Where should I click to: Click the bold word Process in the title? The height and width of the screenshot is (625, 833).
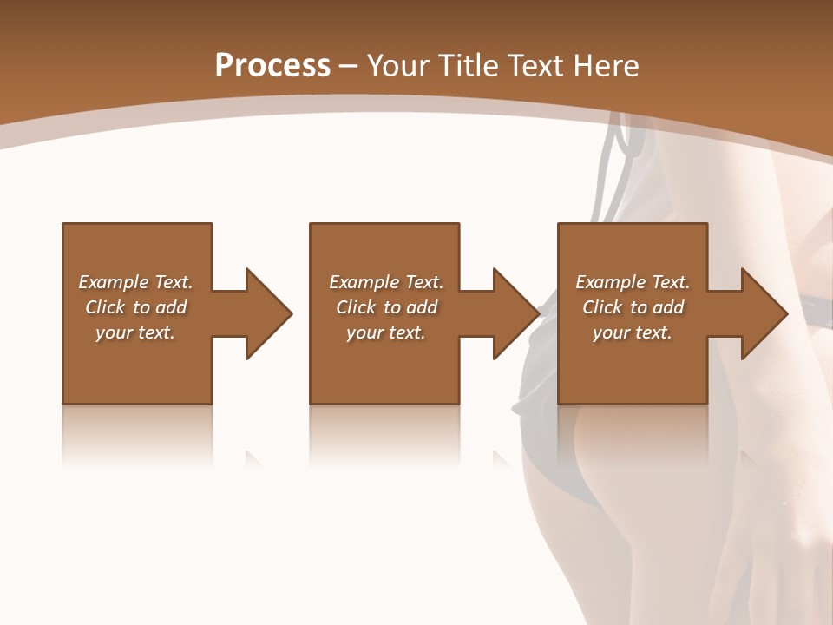272,66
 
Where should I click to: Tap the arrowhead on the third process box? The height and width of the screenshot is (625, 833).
763,313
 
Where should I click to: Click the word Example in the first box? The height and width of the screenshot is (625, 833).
114,282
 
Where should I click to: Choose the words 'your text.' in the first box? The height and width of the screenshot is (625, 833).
135,332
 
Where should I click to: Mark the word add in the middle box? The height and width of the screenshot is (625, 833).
422,307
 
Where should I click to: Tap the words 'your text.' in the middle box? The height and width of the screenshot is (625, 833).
386,332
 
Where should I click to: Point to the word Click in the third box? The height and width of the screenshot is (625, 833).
603,307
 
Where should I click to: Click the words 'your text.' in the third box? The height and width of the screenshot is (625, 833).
633,332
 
